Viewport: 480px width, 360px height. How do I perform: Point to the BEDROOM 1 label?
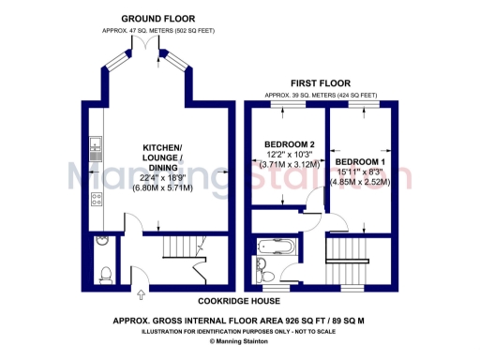click(361, 160)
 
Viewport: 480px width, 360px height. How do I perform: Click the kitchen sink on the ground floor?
click(96, 146)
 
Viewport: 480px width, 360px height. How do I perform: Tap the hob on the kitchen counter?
click(96, 198)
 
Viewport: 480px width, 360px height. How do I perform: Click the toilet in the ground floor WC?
click(104, 273)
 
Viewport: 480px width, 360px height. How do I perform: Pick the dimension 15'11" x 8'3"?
click(361, 171)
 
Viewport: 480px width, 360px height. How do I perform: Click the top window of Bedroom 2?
click(285, 105)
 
